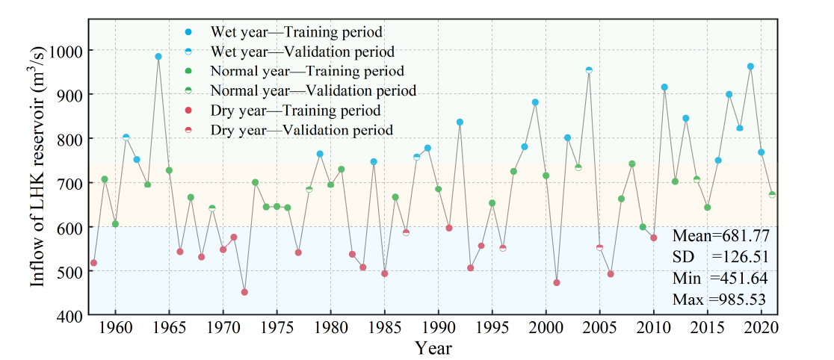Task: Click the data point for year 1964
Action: point(158,57)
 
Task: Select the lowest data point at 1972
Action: point(244,292)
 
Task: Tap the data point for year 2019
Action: point(750,66)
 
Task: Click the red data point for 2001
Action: point(557,282)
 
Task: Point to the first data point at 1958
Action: point(93,263)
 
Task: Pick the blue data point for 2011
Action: point(664,87)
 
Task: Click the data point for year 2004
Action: point(589,70)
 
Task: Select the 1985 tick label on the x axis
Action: point(385,329)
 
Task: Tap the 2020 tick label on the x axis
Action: point(761,329)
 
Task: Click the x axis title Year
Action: point(433,348)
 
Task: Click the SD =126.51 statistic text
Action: point(721,257)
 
